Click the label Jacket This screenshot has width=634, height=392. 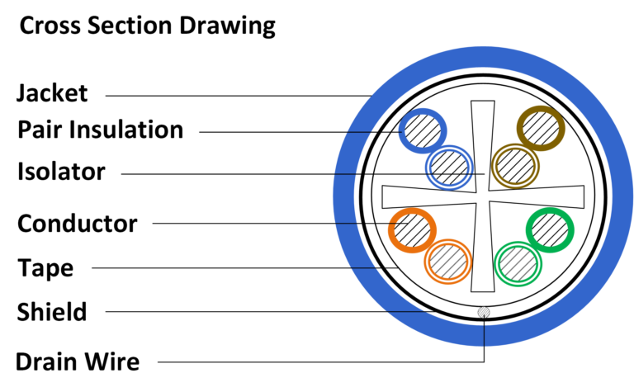coord(52,92)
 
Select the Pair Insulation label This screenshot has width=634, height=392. coord(100,130)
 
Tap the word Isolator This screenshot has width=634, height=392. coord(62,172)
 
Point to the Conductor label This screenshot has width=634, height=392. coord(77,223)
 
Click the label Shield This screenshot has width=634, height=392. coord(52,311)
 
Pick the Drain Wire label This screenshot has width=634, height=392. coord(78,361)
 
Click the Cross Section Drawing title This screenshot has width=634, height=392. coord(147,26)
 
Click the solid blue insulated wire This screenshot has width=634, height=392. coord(423,131)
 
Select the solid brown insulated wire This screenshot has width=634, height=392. coord(541,128)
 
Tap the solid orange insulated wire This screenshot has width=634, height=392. coord(411,229)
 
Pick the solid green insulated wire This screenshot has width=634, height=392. coord(551,230)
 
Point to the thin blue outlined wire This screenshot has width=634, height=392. coord(449,168)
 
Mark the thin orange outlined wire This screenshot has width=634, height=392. coord(448,262)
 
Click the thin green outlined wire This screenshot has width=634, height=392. coord(518,264)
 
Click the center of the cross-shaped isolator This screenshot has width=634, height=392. coord(483,197)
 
